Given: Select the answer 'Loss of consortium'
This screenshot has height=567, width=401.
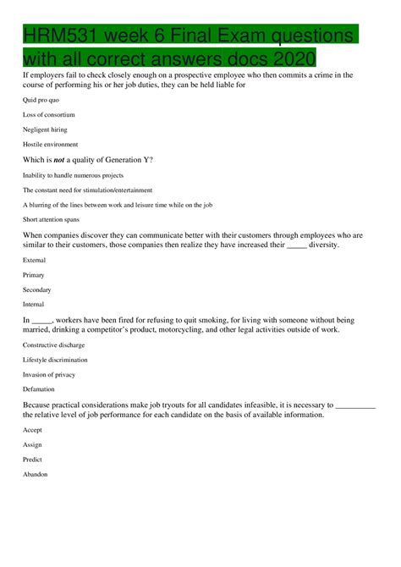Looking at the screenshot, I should (49, 114).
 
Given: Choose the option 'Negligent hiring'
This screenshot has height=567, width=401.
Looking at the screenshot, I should (47, 129).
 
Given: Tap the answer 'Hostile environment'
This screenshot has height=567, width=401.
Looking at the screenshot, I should (50, 143).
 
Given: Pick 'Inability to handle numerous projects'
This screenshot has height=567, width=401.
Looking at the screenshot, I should (73, 175).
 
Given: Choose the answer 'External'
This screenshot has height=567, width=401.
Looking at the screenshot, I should (34, 260).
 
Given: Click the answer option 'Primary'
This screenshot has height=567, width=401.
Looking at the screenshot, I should (34, 275).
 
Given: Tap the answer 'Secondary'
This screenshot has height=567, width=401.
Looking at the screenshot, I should (37, 289).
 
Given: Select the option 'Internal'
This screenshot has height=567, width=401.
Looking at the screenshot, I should (34, 304).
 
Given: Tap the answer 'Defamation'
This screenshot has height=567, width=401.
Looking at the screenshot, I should (39, 388).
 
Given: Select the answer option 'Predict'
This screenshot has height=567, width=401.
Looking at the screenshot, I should (32, 459).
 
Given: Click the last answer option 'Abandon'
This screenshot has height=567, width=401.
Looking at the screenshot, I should (36, 474).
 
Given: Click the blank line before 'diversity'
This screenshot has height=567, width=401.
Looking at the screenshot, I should (296, 245).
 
